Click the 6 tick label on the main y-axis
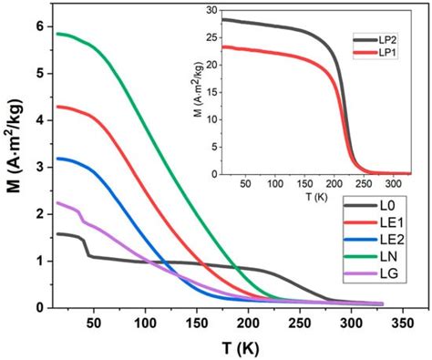point(36,26)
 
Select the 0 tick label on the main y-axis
point(36,308)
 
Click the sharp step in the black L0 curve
point(87,247)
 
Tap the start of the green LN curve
point(57,34)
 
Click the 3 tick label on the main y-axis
point(36,168)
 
